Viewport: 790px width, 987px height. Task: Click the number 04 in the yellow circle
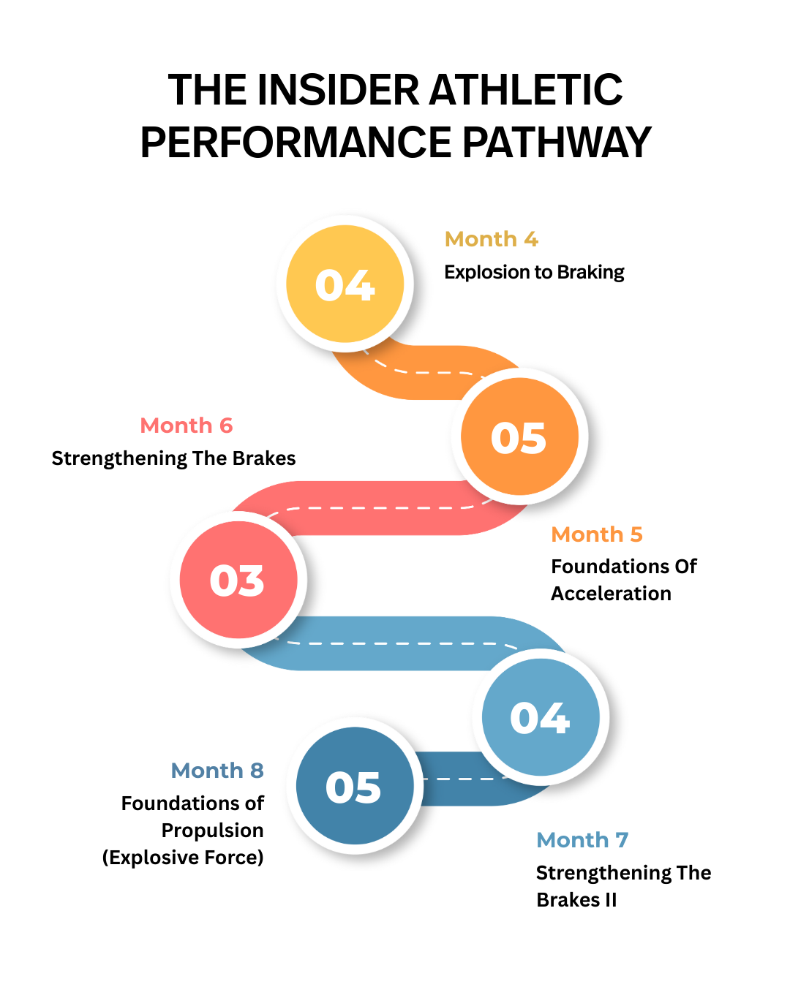pos(345,285)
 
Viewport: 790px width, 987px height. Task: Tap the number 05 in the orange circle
pos(519,438)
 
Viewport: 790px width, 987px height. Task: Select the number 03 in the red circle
pos(237,581)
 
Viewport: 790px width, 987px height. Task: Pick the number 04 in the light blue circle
pos(540,718)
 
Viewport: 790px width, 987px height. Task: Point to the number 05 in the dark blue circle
pos(353,787)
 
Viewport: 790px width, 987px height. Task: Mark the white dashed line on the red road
pos(380,507)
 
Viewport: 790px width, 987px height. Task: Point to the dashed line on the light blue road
pos(395,643)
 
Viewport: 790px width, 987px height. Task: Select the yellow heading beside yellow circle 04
pos(491,248)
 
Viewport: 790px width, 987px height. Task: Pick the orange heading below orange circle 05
pos(596,543)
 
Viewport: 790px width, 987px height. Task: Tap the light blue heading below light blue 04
pos(582,848)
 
